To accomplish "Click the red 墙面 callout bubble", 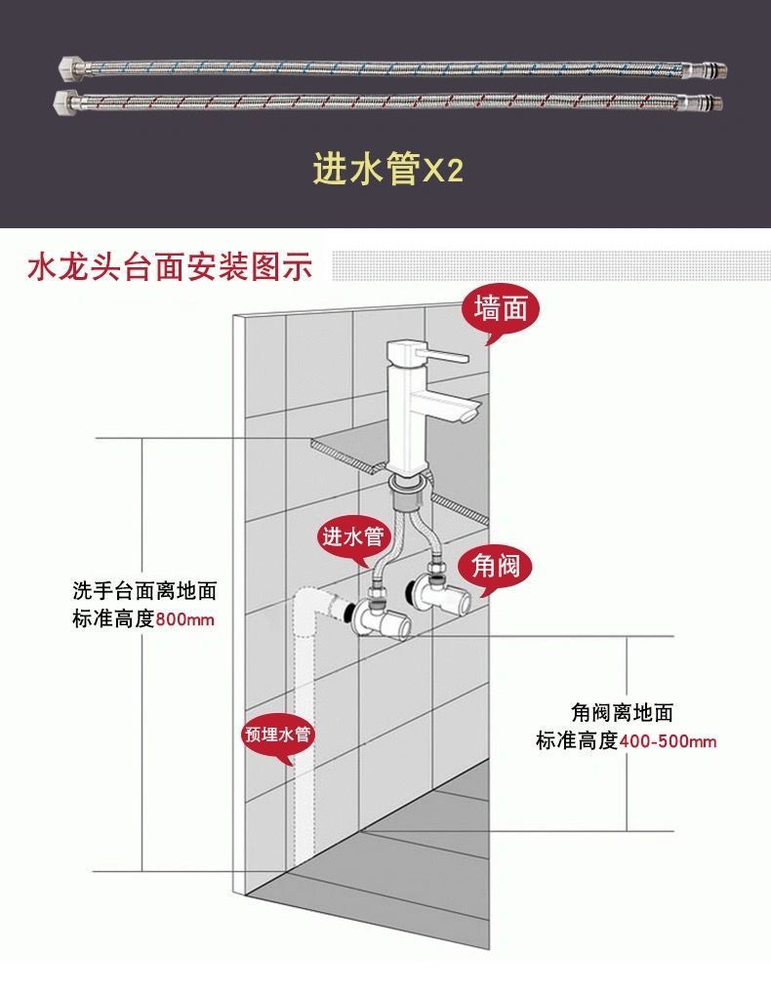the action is [x=500, y=310].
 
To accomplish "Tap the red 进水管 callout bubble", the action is [x=355, y=536].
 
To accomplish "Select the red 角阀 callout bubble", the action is [x=495, y=565].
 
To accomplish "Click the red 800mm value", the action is [x=184, y=619].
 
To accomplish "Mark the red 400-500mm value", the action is [x=668, y=740].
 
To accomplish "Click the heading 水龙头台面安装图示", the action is [x=170, y=266].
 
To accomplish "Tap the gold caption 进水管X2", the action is [x=387, y=170].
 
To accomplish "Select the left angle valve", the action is [x=376, y=614].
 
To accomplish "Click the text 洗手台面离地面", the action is [x=144, y=591].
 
